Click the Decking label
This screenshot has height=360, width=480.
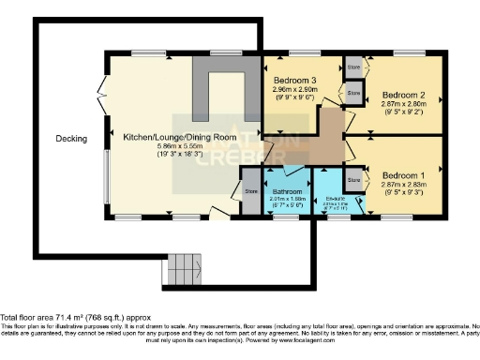(x=70, y=139)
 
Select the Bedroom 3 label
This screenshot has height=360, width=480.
(x=297, y=82)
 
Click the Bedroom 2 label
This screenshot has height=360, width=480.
(x=404, y=96)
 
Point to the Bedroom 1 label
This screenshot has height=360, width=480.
(x=404, y=175)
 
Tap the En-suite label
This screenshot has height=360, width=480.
(x=333, y=199)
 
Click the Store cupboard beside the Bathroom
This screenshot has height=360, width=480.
(x=251, y=193)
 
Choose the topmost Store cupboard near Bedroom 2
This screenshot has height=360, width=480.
(x=353, y=68)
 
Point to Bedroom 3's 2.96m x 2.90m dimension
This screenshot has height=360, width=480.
(x=297, y=91)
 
